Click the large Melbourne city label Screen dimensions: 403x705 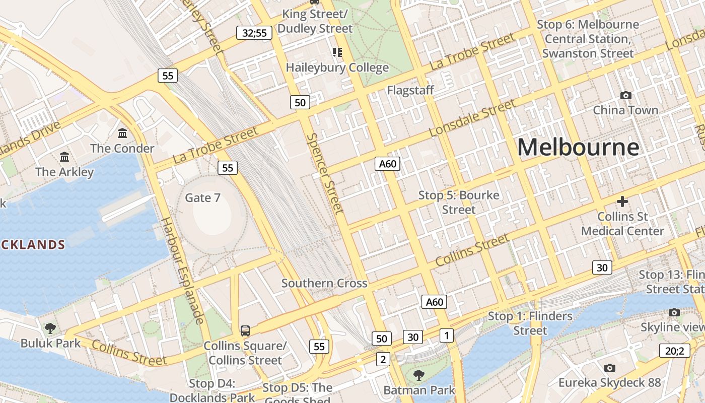(x=578, y=147)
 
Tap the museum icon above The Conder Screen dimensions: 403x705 (x=122, y=133)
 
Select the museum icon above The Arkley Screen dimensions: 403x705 (x=64, y=157)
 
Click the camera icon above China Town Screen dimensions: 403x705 (x=625, y=95)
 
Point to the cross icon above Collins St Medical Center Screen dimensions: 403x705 (x=622, y=201)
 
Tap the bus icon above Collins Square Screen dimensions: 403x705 (x=245, y=331)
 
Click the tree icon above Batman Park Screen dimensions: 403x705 (x=418, y=375)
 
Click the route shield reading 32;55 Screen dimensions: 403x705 (x=254, y=33)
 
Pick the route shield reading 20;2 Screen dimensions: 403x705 (x=674, y=351)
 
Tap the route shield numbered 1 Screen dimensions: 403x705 (x=446, y=335)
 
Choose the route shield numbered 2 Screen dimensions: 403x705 (x=383, y=359)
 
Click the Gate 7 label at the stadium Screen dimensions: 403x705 (x=202, y=197)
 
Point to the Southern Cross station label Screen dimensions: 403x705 (x=324, y=283)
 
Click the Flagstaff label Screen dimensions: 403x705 (x=410, y=90)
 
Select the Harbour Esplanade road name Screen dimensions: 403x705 (x=183, y=270)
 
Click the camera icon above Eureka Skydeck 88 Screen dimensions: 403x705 (x=609, y=368)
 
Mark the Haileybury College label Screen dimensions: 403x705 (x=337, y=68)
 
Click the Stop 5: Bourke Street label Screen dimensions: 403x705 (x=459, y=202)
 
